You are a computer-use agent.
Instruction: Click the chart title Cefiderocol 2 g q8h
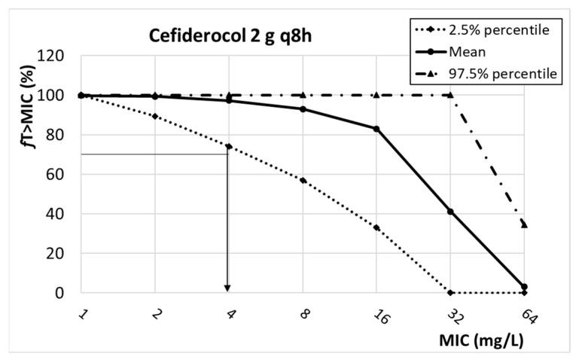point(219,35)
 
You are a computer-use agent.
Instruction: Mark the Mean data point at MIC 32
point(450,212)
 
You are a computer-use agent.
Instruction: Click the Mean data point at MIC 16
point(376,129)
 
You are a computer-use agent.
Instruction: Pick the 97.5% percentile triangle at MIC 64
point(524,224)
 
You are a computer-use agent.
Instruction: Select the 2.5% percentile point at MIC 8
point(303,181)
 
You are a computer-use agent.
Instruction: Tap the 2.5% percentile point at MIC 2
point(155,116)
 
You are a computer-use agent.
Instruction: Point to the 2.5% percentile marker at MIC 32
point(450,292)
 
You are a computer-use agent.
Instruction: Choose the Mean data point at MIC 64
point(524,287)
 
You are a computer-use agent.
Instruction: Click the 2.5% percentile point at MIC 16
point(376,227)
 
